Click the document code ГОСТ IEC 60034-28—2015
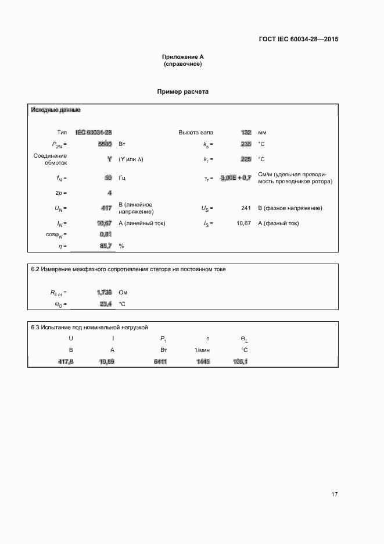[298, 40]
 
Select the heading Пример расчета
[183, 92]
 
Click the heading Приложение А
[183, 56]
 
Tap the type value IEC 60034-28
[94, 133]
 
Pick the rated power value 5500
[105, 144]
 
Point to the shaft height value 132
[246, 133]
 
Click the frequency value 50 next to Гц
[108, 178]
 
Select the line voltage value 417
[106, 208]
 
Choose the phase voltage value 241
[246, 208]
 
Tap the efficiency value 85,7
[105, 246]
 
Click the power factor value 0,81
[106, 234]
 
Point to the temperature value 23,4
[105, 304]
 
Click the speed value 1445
[203, 362]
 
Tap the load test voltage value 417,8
[66, 362]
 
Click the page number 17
[335, 495]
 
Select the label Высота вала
[195, 133]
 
